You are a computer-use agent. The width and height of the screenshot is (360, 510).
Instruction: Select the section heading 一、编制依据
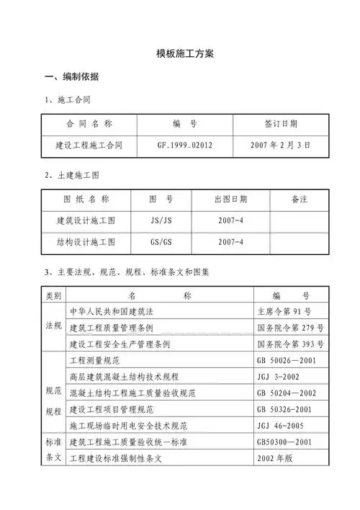coord(72,77)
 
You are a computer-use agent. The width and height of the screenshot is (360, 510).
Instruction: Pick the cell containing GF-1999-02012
coord(185,145)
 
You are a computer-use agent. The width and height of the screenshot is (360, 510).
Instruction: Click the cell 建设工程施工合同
coord(89,145)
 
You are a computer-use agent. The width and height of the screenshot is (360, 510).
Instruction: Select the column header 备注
coord(299,199)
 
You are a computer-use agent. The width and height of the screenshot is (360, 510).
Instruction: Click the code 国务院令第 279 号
coord(290,328)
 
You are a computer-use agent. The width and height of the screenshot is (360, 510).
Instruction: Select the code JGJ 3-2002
coord(279,376)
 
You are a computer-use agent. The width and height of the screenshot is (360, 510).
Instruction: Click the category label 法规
coord(54,326)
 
